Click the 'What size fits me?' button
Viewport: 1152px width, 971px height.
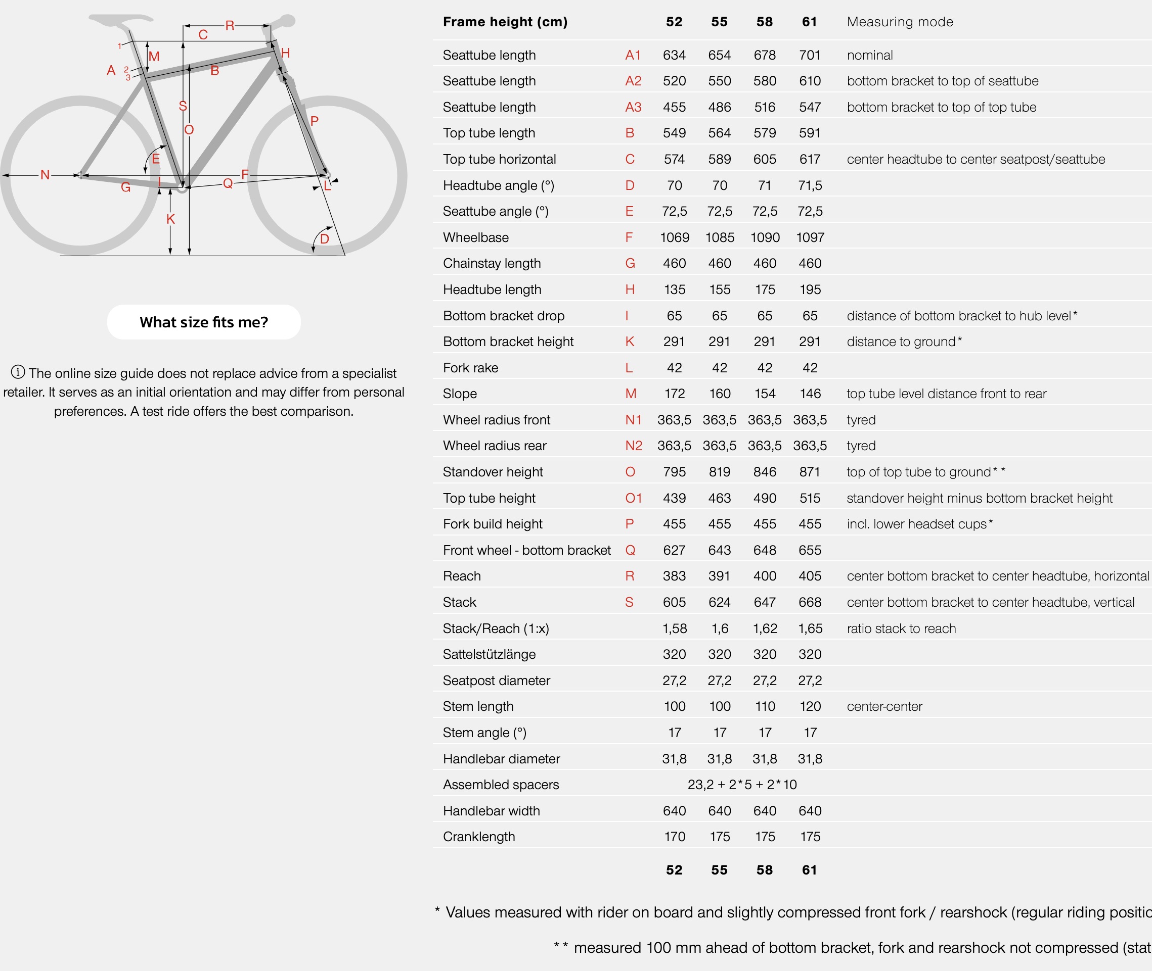click(204, 322)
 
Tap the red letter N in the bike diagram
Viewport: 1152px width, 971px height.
click(45, 175)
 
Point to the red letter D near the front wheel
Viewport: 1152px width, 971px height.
click(325, 239)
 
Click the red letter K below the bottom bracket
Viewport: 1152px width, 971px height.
click(171, 219)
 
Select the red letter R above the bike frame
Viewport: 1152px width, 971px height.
click(230, 25)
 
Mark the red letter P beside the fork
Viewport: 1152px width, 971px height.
click(314, 121)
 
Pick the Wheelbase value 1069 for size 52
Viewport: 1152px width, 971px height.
click(674, 237)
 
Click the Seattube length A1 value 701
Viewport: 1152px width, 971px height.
click(810, 55)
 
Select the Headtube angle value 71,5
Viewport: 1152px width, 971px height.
click(810, 185)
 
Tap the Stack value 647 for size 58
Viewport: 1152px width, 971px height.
click(765, 602)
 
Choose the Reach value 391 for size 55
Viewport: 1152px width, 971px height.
click(720, 576)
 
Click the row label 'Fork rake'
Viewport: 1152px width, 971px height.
click(470, 368)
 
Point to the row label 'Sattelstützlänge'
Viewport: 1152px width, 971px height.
click(489, 654)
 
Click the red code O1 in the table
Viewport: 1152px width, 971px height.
click(634, 498)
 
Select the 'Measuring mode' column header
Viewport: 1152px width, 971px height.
click(900, 22)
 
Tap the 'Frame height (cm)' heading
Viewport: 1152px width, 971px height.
click(505, 22)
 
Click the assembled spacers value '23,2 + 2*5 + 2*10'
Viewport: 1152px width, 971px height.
click(742, 785)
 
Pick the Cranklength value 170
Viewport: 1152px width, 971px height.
click(674, 837)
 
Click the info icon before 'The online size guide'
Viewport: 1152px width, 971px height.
click(18, 372)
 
